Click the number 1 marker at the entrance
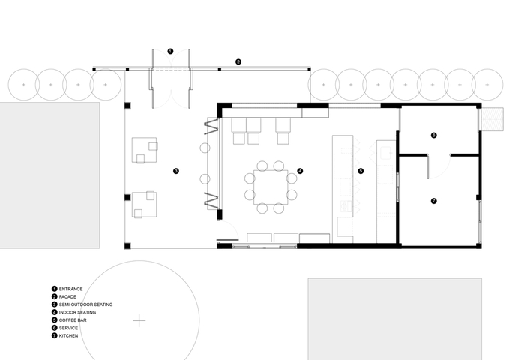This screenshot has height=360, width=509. [170, 51]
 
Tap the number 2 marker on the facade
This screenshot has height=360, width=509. [238, 61]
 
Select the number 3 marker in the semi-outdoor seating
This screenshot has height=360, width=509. [176, 171]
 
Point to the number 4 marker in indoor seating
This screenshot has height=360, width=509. [300, 171]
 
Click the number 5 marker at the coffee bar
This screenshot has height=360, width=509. [361, 171]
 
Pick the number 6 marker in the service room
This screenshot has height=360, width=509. [434, 135]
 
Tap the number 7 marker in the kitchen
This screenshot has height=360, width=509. [434, 201]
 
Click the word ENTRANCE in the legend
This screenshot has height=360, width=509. [70, 289]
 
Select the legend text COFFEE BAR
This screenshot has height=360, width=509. [73, 320]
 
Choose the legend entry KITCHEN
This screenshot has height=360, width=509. [68, 336]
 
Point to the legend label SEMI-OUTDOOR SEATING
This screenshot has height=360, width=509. [85, 304]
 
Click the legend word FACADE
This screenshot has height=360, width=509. [67, 297]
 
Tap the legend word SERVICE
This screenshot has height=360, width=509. [68, 328]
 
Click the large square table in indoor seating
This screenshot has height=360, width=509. [271, 187]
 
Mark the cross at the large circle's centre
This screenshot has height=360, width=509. [139, 321]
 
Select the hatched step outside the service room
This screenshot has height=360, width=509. [493, 119]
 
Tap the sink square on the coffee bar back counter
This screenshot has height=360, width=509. [386, 153]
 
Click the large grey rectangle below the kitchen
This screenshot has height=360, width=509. [395, 319]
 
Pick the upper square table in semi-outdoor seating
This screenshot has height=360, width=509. [144, 150]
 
